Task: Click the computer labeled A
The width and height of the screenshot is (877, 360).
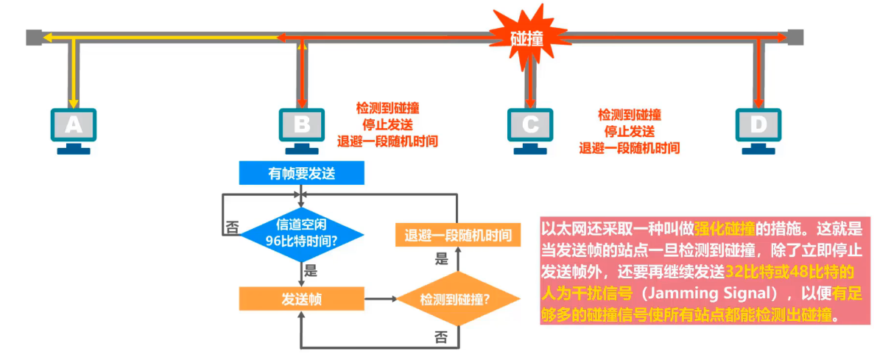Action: (x=73, y=128)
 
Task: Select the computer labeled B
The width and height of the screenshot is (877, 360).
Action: (x=301, y=128)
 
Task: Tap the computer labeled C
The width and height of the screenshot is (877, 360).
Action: (x=530, y=128)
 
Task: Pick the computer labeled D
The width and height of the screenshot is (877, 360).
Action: (x=758, y=128)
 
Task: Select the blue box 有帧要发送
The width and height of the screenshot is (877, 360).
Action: (x=301, y=173)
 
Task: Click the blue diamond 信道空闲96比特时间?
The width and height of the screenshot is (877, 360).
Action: (x=301, y=232)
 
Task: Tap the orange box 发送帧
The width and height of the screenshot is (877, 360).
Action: (x=301, y=299)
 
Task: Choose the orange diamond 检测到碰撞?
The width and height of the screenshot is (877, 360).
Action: (x=455, y=299)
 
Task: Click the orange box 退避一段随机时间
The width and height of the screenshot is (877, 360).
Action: (x=458, y=236)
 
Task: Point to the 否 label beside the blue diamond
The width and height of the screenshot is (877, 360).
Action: (x=232, y=227)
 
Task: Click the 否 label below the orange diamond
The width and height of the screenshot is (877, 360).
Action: (x=441, y=337)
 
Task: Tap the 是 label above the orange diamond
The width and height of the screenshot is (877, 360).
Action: (x=442, y=258)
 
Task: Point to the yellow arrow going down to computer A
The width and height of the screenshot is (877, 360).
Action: (x=73, y=74)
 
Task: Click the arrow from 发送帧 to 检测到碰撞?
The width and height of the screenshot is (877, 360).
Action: (x=380, y=299)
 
